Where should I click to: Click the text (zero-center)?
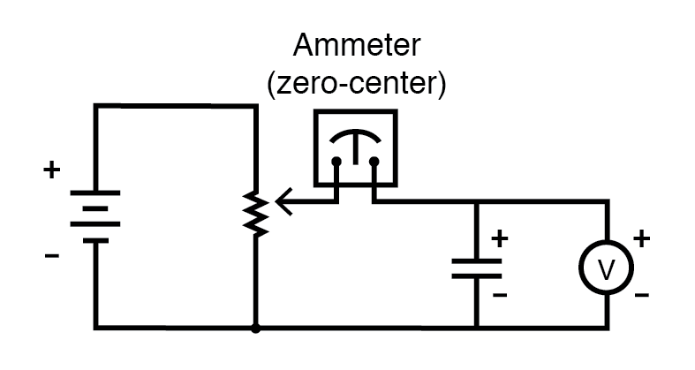[356, 85]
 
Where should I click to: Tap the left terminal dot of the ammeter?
[336, 162]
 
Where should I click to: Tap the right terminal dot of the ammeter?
[374, 162]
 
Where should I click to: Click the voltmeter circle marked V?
[607, 268]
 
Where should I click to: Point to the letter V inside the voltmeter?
[607, 269]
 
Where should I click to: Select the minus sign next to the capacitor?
[500, 294]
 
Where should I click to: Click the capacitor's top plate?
[477, 261]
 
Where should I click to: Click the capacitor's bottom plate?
[477, 276]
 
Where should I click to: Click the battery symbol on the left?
[95, 215]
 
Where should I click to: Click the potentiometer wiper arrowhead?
[281, 202]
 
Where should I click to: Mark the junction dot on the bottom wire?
[254, 328]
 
